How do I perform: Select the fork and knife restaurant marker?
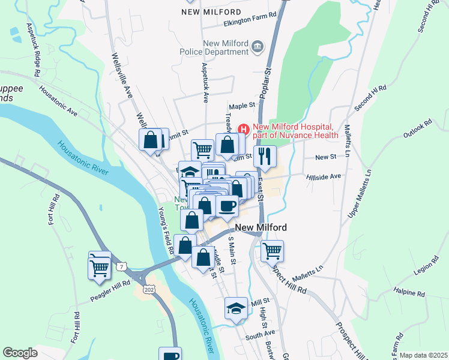point(265,156)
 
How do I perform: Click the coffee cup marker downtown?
point(227,206)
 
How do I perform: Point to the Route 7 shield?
point(122,265)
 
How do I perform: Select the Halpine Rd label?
point(412,294)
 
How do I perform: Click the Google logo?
point(20,353)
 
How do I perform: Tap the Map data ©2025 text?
point(423,355)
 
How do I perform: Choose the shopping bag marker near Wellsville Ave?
point(151,140)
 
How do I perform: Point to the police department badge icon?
point(258,46)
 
